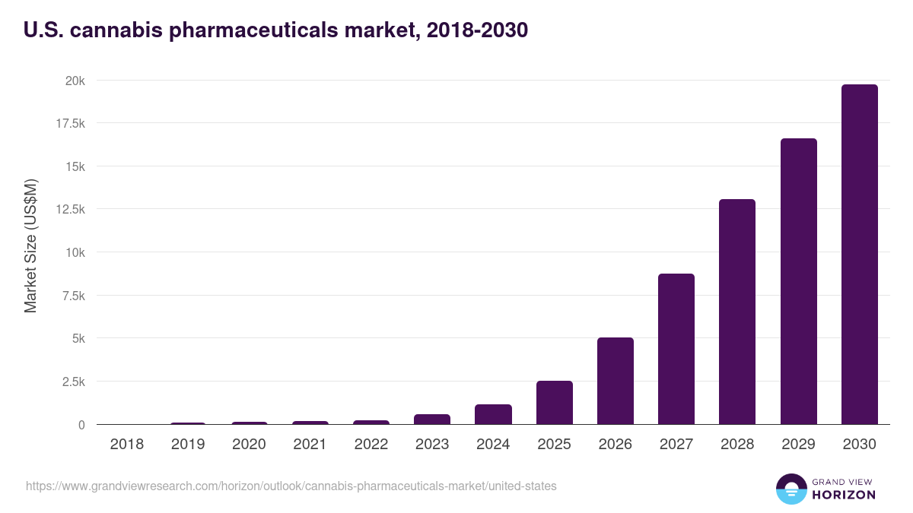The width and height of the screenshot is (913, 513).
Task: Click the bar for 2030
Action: (859, 255)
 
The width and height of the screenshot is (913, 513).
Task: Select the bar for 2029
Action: (798, 281)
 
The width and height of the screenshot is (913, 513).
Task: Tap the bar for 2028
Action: (737, 312)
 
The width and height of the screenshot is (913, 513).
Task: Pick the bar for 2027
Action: (676, 349)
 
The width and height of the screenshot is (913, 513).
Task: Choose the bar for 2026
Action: (615, 381)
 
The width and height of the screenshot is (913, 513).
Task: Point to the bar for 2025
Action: (554, 402)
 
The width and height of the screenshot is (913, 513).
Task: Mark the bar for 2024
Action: (493, 414)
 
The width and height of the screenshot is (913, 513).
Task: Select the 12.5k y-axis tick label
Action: (68, 209)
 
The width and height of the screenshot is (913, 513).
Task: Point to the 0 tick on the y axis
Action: (81, 425)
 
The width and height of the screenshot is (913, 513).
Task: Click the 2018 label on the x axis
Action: (126, 445)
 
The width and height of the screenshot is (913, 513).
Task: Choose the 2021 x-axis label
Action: (310, 445)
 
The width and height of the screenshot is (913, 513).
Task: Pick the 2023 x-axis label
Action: (432, 445)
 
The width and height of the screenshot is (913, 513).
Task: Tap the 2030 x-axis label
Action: (859, 445)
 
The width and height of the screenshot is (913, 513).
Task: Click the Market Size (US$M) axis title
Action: (30, 245)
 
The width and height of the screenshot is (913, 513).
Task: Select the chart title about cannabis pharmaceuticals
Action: (276, 30)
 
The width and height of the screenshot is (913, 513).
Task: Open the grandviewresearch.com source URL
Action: (291, 486)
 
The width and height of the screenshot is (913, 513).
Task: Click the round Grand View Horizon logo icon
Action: (791, 489)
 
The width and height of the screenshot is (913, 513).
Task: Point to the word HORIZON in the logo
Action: (843, 495)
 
